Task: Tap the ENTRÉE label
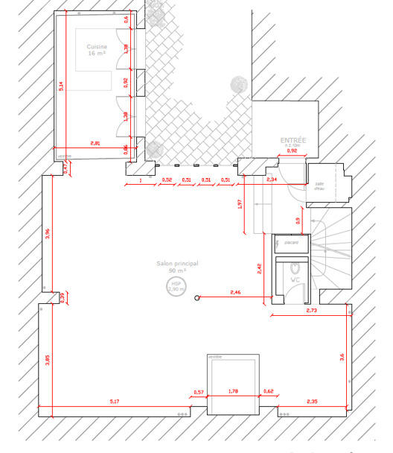click(293, 139)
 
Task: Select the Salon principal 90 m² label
click(177, 267)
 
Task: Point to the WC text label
click(294, 279)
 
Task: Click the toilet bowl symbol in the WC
click(294, 266)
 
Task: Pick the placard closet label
click(291, 242)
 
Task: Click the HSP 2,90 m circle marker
click(176, 287)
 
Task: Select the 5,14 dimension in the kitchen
click(63, 86)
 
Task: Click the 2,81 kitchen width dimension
click(95, 142)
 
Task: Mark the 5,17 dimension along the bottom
click(115, 402)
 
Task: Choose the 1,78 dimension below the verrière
click(232, 391)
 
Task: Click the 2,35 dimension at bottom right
click(313, 402)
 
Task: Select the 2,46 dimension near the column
click(236, 292)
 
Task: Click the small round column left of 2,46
click(197, 298)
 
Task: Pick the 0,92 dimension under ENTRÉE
click(292, 151)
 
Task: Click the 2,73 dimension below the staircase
click(311, 309)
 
